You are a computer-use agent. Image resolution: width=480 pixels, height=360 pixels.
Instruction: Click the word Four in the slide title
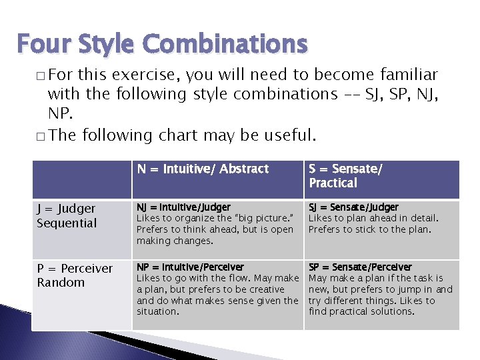pos(41,44)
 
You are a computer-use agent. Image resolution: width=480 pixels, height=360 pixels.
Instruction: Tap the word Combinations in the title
pos(226,44)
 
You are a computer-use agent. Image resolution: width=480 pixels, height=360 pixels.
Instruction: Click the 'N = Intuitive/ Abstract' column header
pos(203,169)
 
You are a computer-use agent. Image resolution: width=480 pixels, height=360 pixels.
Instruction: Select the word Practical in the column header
pos(333,183)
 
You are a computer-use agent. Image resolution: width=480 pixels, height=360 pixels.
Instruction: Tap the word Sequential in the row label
pos(67,223)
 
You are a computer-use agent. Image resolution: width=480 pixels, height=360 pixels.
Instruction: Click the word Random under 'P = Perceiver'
pos(61,283)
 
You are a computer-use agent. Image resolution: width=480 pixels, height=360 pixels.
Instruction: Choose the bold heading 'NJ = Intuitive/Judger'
pos(183,207)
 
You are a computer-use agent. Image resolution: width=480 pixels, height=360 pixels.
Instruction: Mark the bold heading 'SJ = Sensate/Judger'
pos(353,207)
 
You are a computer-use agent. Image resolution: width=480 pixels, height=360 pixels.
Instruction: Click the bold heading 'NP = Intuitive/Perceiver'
pos(190,267)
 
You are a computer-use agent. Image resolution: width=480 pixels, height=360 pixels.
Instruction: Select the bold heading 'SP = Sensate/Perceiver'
pos(360,267)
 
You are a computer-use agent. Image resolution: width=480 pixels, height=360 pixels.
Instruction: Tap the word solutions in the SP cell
pos(393,311)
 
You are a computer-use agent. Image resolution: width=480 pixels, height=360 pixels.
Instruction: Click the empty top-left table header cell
pos(81,179)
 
